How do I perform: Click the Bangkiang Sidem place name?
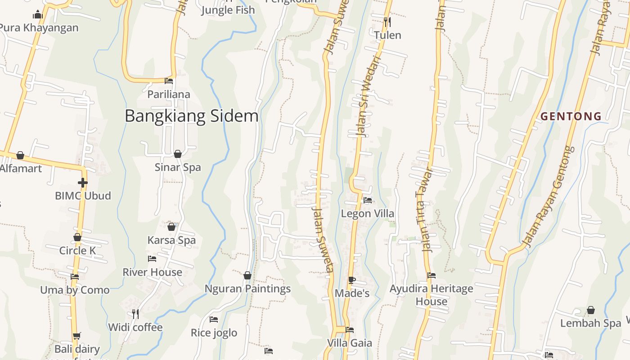191,116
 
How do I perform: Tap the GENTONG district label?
571,117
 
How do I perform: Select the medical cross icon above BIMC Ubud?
82,183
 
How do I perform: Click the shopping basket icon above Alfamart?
20,155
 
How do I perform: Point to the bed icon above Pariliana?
169,81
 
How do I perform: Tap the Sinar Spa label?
178,167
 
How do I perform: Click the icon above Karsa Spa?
171,226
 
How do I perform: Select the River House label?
152,272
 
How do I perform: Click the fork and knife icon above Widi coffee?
135,314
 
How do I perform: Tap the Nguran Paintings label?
247,289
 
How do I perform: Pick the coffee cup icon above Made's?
352,280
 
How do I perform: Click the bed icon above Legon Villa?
368,200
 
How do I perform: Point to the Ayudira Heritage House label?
431,295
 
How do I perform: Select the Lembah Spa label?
590,323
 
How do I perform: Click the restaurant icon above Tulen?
387,21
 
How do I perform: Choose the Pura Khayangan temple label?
39,28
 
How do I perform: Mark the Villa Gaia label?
349,343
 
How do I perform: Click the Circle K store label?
77,251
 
